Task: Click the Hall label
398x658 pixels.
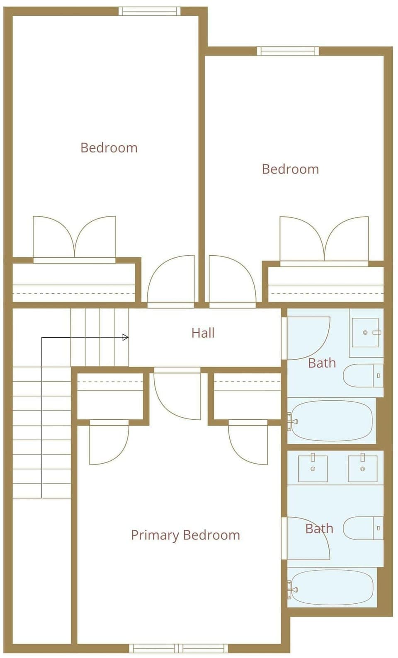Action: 203,333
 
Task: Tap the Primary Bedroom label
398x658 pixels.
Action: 185,535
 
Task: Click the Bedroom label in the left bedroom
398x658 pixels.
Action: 109,148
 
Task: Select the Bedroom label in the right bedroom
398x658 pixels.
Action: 291,169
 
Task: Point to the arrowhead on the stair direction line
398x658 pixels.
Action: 126,338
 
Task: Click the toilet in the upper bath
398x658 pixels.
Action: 363,375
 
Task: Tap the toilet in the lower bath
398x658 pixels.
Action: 363,528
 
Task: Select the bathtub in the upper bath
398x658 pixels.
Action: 331,421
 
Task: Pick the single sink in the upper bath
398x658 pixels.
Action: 365,332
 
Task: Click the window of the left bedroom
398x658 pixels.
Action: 150,11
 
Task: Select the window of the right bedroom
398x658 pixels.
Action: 288,51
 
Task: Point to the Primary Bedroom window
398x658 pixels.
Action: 179,648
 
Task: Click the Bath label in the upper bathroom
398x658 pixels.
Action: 322,363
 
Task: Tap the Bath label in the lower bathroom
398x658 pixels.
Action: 320,529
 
